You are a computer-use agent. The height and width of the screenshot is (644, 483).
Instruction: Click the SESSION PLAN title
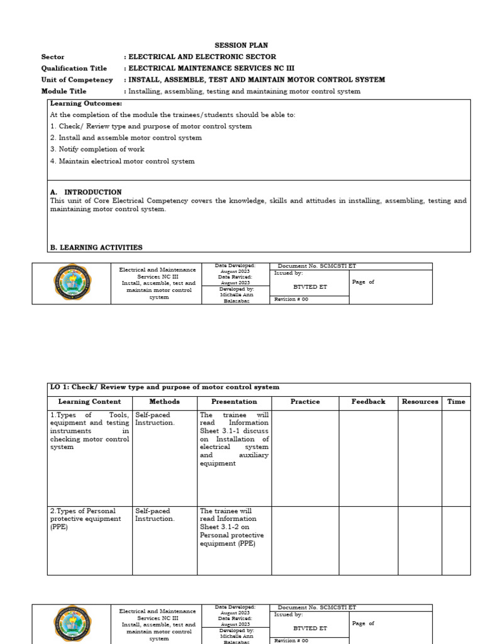tap(241, 45)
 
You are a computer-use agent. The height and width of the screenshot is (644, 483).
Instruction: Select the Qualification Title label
tap(74, 69)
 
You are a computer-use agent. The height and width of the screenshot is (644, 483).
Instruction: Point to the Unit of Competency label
tap(77, 80)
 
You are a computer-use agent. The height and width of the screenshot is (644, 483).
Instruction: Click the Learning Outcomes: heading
tap(86, 103)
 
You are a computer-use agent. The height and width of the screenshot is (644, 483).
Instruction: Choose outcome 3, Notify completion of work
tap(97, 150)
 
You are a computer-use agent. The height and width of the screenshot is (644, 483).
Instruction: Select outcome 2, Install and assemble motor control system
tap(126, 138)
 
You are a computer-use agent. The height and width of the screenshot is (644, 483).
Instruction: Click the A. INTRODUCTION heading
tap(86, 192)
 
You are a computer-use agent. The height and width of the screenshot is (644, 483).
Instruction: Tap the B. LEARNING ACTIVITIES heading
tap(96, 248)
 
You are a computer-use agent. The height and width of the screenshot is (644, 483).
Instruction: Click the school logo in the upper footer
tap(71, 282)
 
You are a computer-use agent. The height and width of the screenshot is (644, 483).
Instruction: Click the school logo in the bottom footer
tap(71, 623)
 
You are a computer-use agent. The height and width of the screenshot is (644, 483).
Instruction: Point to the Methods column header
tap(164, 402)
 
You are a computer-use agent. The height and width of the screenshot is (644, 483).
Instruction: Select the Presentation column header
tap(234, 402)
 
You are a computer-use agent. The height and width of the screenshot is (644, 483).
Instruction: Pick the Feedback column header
tap(368, 402)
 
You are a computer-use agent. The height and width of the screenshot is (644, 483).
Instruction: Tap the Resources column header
tap(419, 402)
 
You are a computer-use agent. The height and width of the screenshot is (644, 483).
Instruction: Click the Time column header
tap(456, 402)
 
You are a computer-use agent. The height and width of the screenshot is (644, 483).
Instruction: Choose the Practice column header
tap(305, 402)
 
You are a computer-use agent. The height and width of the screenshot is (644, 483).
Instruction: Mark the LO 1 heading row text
tap(165, 387)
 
